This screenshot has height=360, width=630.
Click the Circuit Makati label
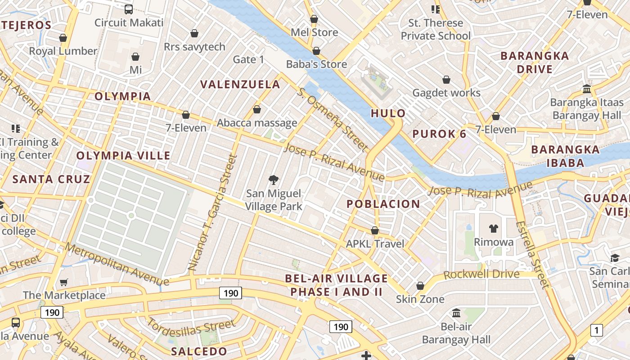[x=129, y=22]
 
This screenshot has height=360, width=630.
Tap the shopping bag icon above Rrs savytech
[x=194, y=33]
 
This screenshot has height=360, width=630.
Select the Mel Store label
[x=314, y=32]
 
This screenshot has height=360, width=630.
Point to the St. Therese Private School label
[x=435, y=29]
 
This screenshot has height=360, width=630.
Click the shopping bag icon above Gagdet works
[x=446, y=80]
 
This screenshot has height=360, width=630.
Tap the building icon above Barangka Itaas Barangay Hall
[x=586, y=89]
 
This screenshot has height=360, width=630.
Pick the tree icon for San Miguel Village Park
[x=273, y=180]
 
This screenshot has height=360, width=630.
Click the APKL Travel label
[x=375, y=243]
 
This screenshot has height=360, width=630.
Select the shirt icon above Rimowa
[x=493, y=229]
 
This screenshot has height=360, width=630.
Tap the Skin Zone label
[x=420, y=299]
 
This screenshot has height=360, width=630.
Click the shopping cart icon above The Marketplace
[x=64, y=282]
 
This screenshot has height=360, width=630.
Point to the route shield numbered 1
[x=596, y=330]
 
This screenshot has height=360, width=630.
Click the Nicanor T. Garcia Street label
[x=213, y=212]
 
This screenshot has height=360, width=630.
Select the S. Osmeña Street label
[x=333, y=119]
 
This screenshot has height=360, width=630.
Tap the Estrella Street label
[x=533, y=254]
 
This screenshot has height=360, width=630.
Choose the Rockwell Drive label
[x=481, y=274]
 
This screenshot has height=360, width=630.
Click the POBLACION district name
[x=383, y=204]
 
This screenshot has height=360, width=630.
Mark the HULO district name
[x=388, y=113]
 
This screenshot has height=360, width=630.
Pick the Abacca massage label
[x=257, y=123]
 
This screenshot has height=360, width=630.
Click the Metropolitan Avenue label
[x=117, y=264]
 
